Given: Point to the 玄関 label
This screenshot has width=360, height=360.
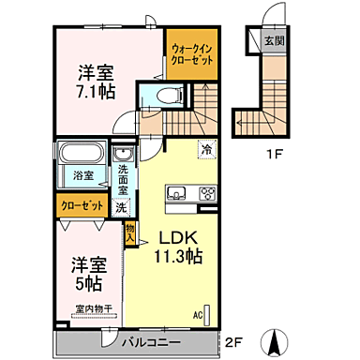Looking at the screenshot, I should (274, 40).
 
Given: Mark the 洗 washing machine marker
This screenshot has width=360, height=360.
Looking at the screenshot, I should (121, 209).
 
